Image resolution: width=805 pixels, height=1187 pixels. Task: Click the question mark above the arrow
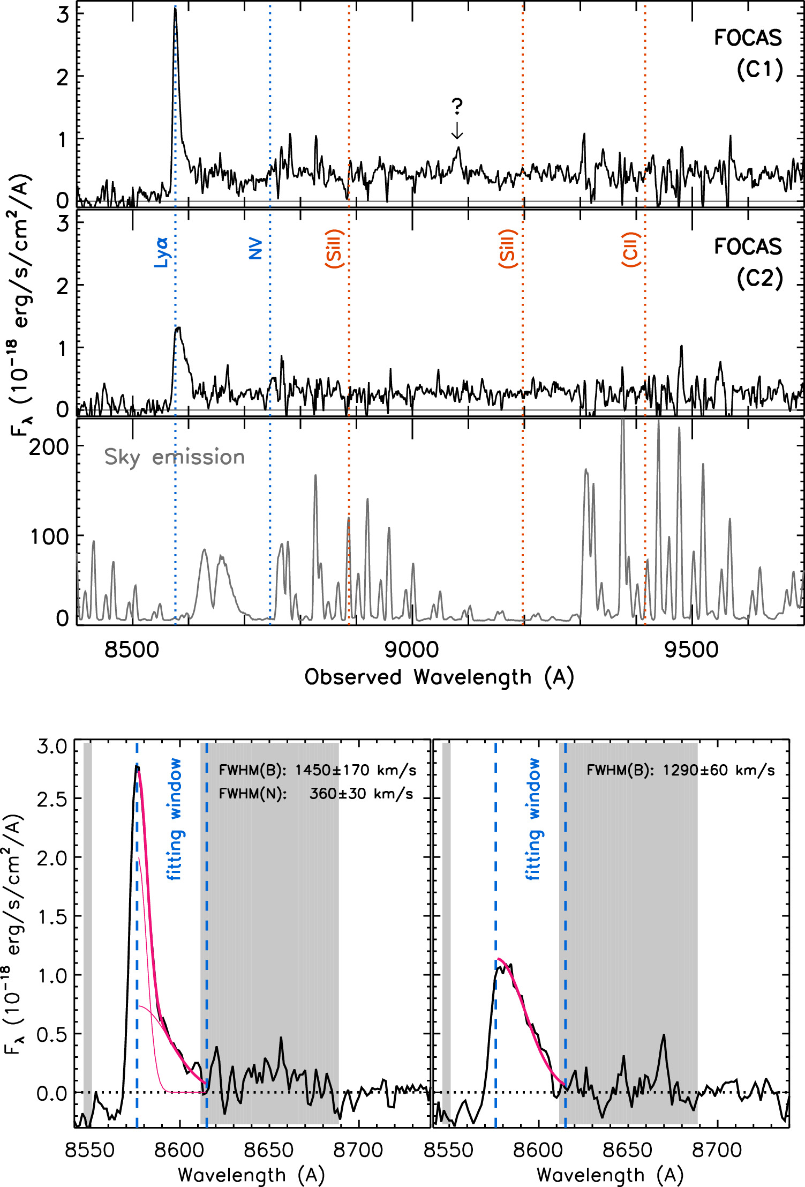click(457, 107)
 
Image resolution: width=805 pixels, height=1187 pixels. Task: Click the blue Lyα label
click(162, 252)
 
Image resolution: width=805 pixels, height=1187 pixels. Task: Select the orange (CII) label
click(631, 250)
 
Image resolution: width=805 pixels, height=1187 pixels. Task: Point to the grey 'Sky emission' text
click(175, 457)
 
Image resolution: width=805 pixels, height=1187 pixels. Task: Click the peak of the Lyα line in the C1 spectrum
click(175, 10)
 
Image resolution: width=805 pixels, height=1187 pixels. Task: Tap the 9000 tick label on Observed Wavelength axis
click(411, 650)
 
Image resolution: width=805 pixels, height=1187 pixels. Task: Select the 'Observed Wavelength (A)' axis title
click(439, 677)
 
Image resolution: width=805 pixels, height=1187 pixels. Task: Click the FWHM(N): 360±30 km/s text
click(316, 794)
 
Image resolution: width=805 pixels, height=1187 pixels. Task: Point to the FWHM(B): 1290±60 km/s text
click(680, 771)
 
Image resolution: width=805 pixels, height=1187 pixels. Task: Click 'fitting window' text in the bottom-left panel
click(175, 819)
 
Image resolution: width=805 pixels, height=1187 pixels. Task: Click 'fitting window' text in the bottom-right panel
click(533, 819)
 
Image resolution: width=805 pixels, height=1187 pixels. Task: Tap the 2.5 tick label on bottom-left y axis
click(51, 798)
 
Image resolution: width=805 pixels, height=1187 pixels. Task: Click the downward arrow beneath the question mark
click(457, 130)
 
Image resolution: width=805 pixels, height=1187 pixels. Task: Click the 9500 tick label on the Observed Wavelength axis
click(691, 650)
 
